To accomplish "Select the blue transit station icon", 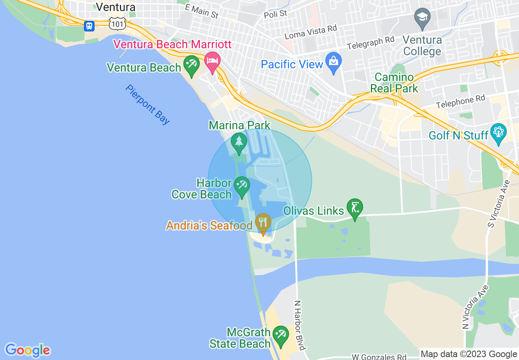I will (x=89, y=26).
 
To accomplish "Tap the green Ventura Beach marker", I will (x=191, y=64).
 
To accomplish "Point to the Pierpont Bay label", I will (x=148, y=104).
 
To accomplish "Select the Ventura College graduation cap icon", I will (x=422, y=18).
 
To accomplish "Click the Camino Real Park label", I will (x=394, y=83).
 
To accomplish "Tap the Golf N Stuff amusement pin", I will (x=499, y=133).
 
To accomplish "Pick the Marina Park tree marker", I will (x=239, y=142).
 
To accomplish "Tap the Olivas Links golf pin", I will (x=354, y=208).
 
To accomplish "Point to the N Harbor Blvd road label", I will (x=300, y=326).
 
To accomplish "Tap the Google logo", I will (x=27, y=350).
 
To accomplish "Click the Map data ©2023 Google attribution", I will (x=469, y=354).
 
